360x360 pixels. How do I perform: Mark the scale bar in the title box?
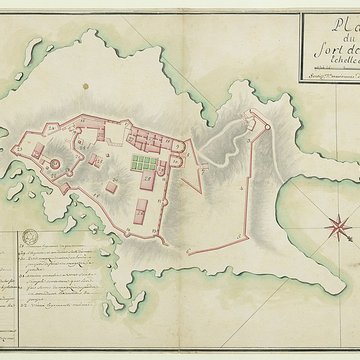click(330, 76)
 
